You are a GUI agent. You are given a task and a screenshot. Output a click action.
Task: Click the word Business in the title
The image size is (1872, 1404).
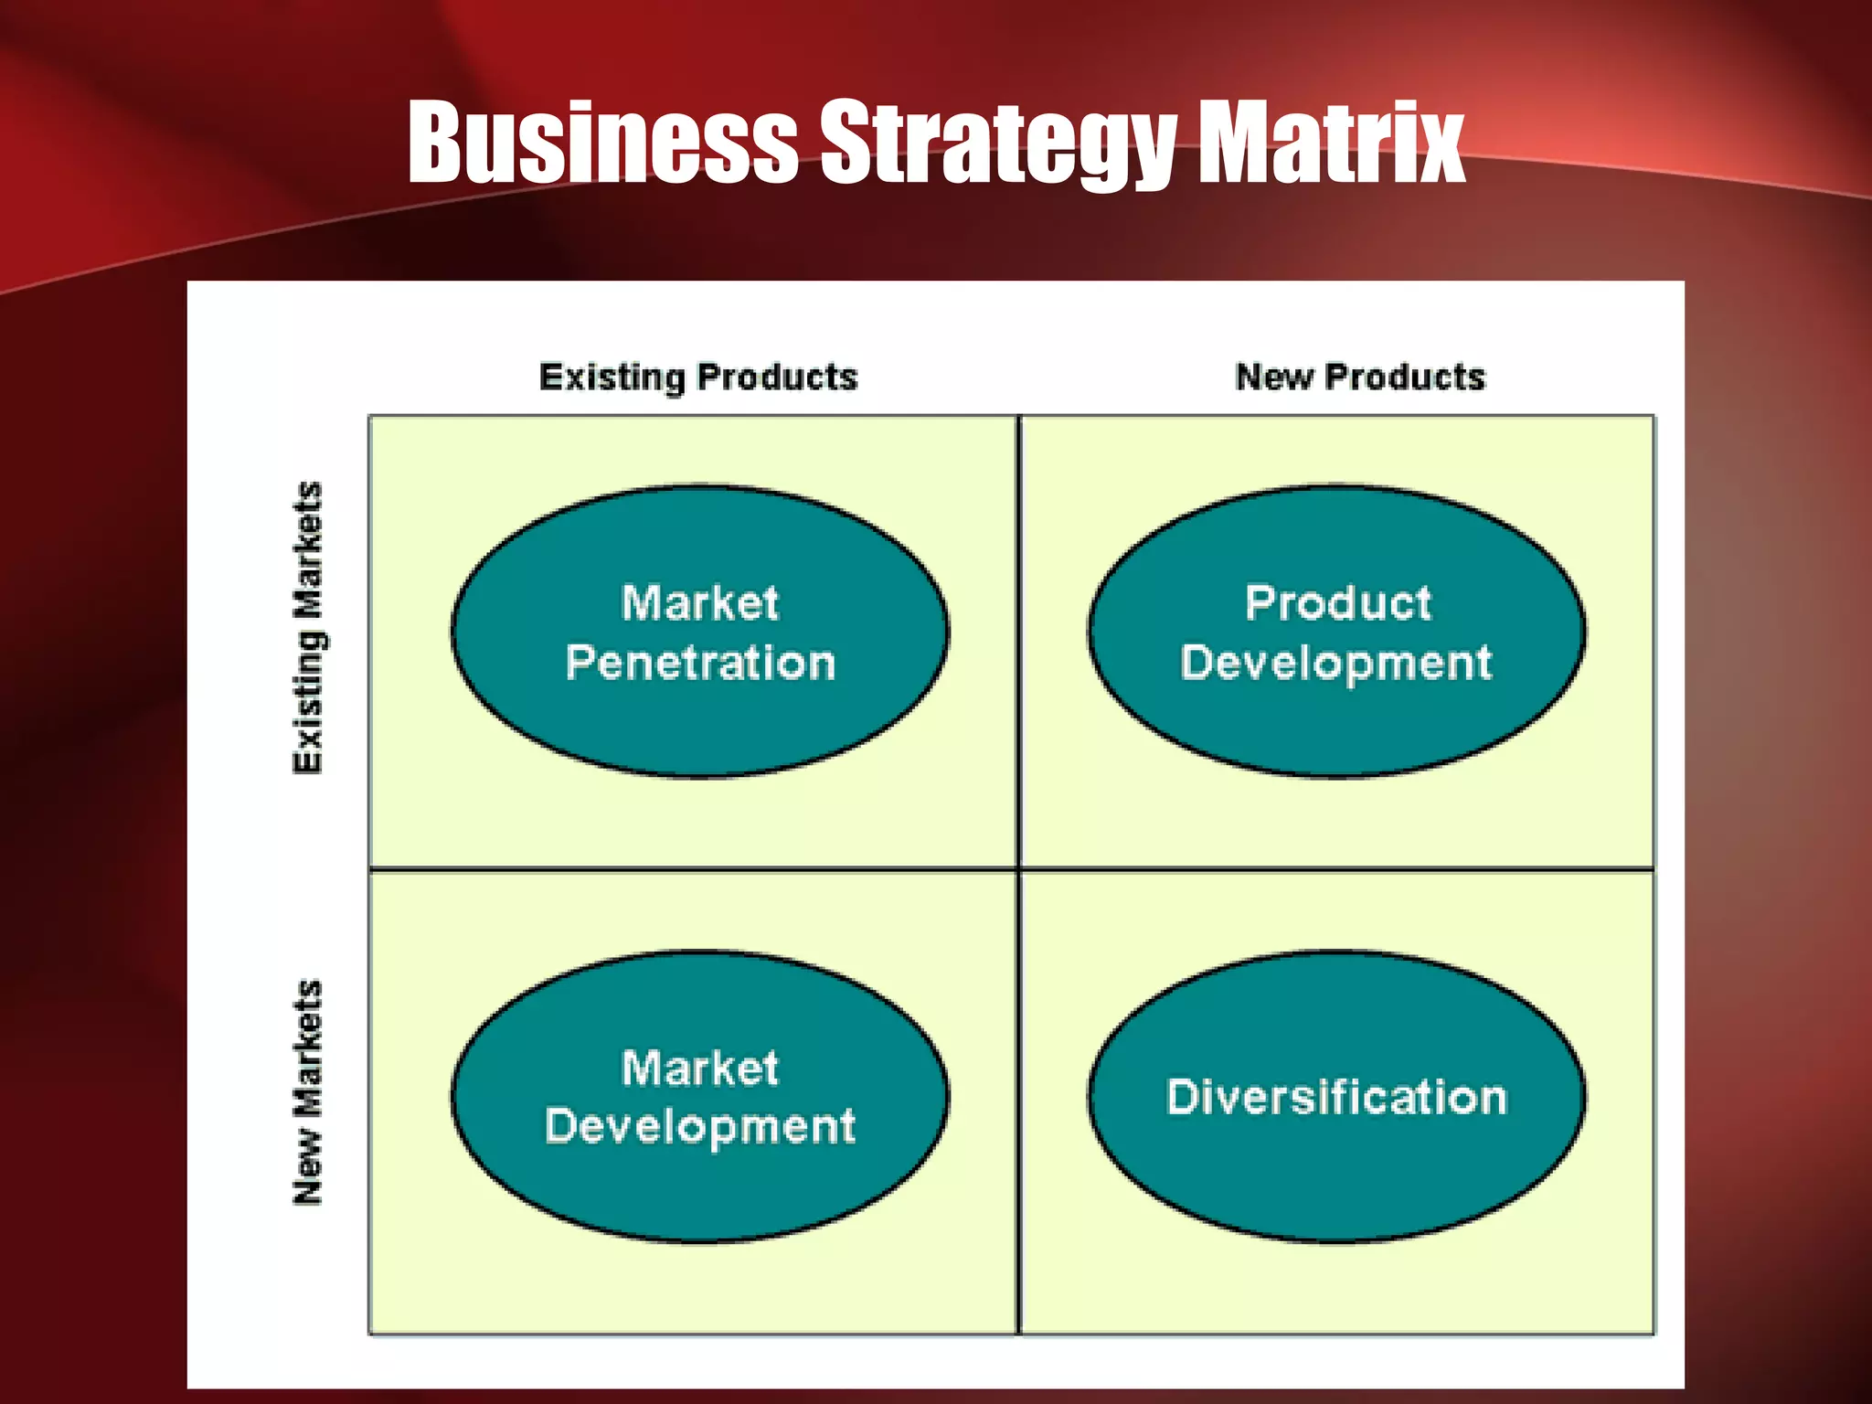pos(603,142)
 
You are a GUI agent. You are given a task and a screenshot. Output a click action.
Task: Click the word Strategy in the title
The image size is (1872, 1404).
pos(996,144)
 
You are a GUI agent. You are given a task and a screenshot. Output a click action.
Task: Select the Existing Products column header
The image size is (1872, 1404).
pos(698,378)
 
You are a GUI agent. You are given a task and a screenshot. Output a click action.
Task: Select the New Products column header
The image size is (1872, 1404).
pos(1360,377)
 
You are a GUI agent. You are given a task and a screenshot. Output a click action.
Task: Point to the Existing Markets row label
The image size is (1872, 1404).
pos(308,627)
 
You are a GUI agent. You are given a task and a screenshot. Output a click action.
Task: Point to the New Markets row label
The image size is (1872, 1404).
pos(308,1092)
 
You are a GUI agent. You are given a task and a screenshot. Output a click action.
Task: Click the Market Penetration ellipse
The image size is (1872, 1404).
pos(700,731)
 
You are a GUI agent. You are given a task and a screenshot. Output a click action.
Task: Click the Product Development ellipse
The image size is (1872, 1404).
pos(1336,731)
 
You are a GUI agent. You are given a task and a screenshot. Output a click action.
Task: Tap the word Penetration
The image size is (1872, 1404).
pos(700,663)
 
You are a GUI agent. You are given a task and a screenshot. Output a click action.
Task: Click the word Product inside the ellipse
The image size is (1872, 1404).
pos(1337,603)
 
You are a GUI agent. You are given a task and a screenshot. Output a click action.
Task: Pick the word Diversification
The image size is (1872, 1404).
pos(1336,1097)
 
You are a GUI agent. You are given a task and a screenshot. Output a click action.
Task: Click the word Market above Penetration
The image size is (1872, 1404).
pos(700,603)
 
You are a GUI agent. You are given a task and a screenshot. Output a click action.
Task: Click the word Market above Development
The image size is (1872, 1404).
pos(700,1068)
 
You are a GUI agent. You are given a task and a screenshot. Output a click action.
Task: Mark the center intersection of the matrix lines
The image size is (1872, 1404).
pos(1018,868)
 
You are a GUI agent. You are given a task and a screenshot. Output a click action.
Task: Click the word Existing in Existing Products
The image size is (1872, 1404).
pos(612,378)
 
